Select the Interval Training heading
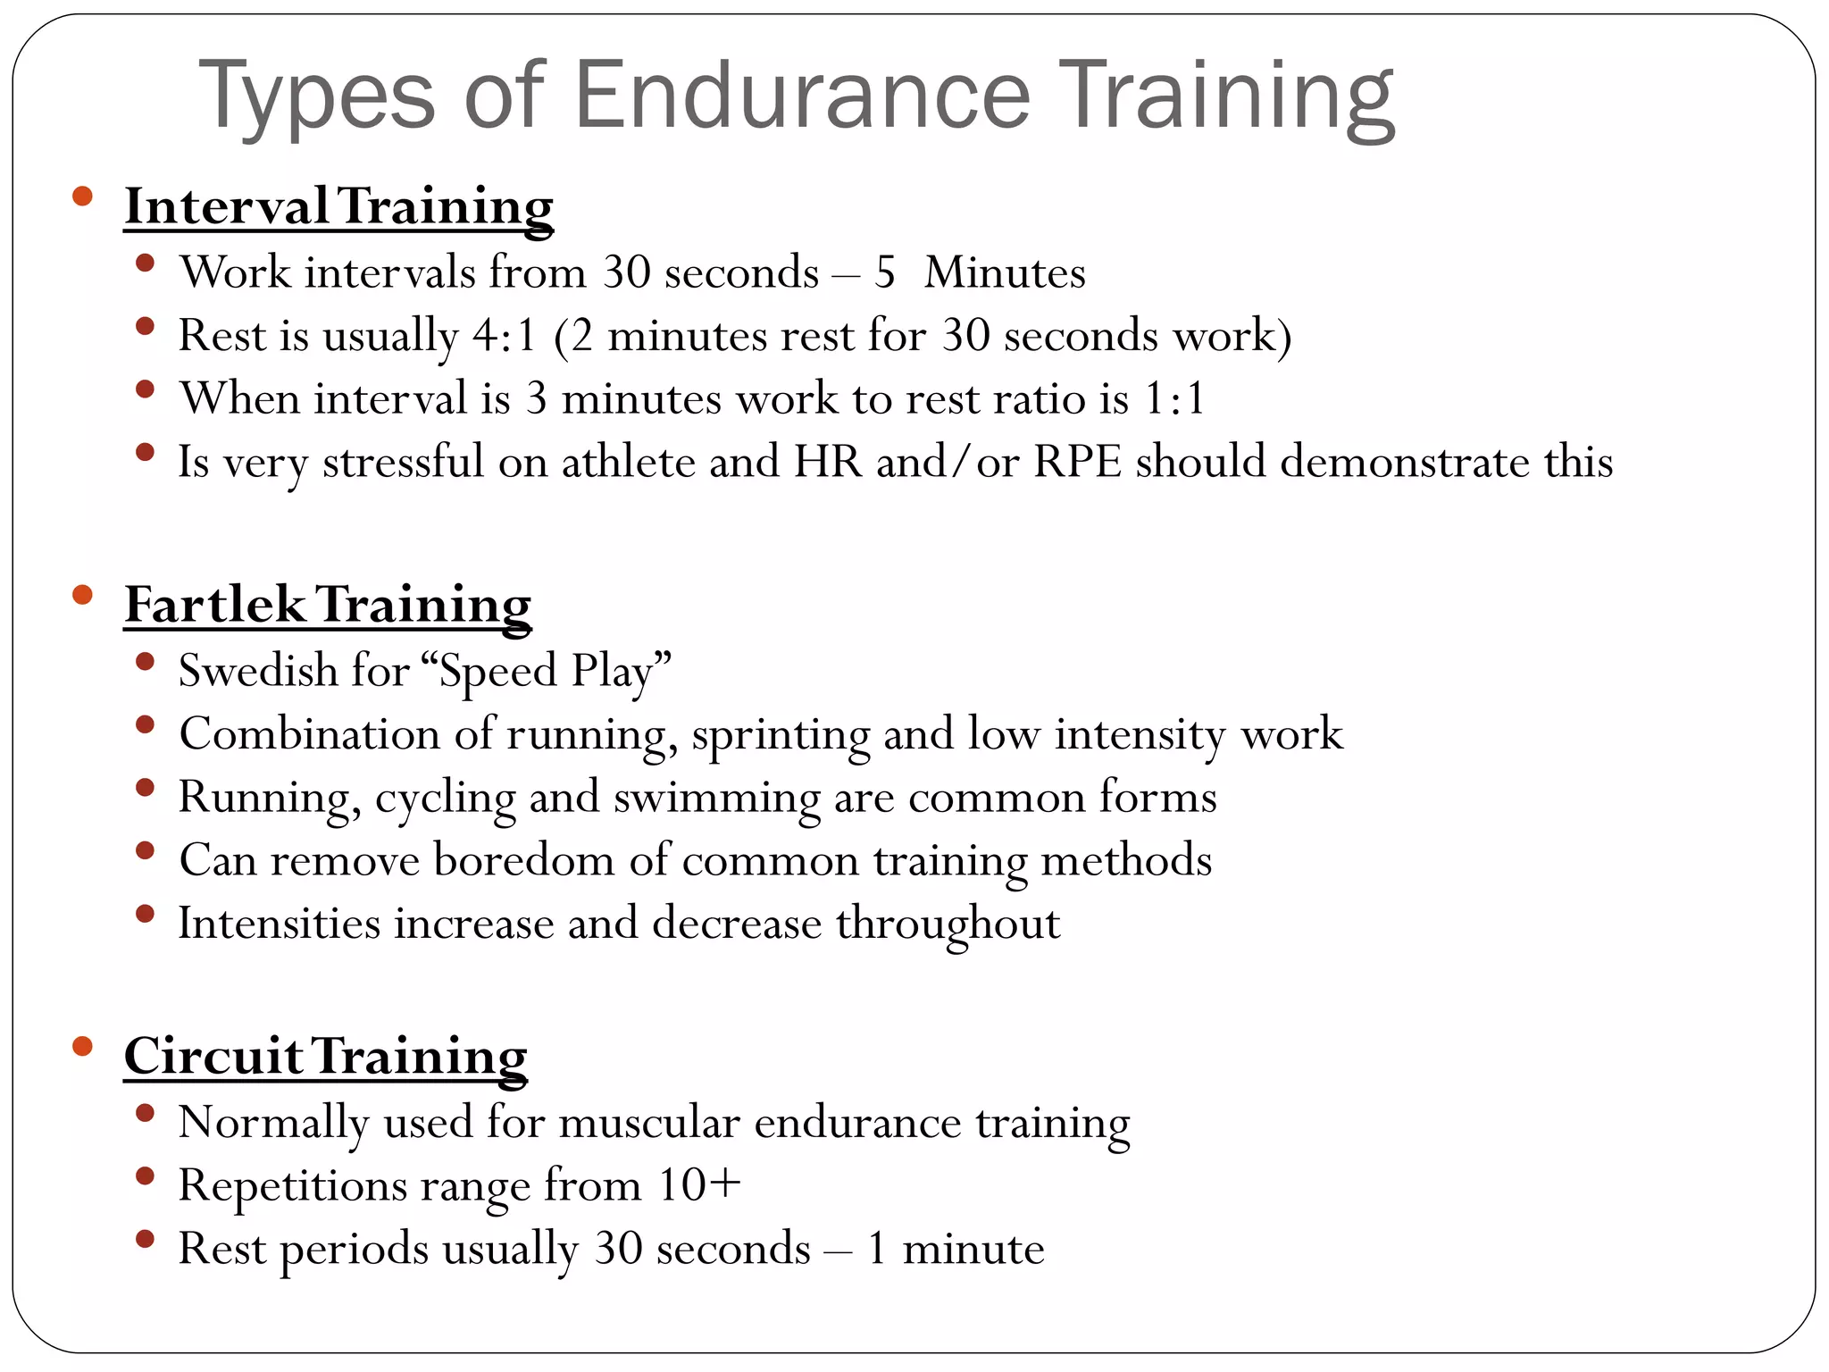(x=338, y=206)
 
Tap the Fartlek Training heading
(x=328, y=605)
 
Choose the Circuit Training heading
(x=325, y=1057)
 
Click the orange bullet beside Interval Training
(x=83, y=197)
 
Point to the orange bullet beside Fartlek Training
(x=83, y=595)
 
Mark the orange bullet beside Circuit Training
(x=83, y=1046)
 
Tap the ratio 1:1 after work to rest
(x=1174, y=399)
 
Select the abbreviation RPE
(x=1077, y=463)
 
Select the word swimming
(x=716, y=798)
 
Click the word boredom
(x=524, y=860)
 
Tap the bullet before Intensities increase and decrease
(x=145, y=914)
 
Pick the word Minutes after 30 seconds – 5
(x=1005, y=273)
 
